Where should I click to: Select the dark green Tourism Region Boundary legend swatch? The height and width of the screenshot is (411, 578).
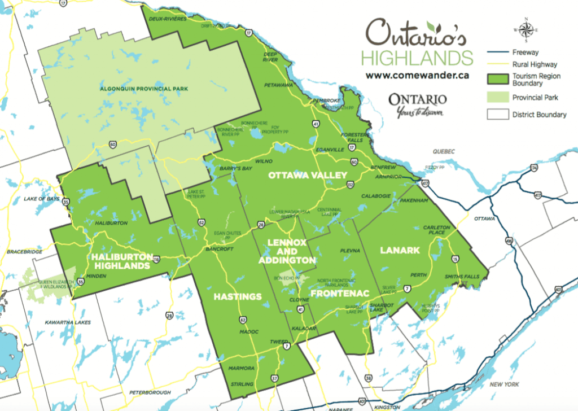(x=497, y=80)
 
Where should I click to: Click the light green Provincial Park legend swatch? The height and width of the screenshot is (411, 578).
(x=497, y=98)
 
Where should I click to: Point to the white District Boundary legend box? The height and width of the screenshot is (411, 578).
(x=497, y=115)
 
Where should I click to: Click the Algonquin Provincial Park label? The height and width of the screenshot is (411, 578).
(x=143, y=89)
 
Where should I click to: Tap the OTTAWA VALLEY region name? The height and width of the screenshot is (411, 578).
(x=307, y=175)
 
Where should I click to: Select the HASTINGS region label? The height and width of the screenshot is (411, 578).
(x=238, y=296)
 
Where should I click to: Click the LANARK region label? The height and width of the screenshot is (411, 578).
(x=400, y=250)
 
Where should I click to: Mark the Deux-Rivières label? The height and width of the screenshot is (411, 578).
(x=168, y=19)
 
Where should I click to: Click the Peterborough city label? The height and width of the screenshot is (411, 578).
(x=146, y=392)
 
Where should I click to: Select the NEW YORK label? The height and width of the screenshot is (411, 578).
(x=503, y=384)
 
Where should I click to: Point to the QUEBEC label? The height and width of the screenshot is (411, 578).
(x=443, y=151)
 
